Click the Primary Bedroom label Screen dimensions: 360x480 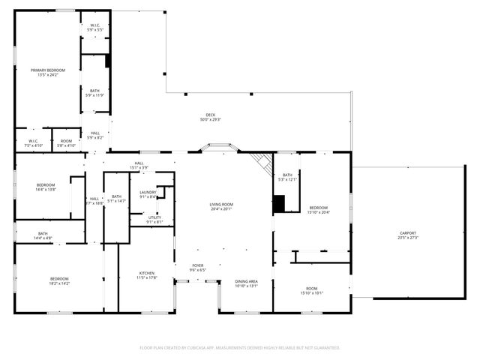coord(44,72)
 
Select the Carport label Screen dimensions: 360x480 coord(407,235)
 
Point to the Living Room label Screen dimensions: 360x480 coord(221,206)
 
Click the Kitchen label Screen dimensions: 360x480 coord(146,274)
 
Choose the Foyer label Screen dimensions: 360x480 coord(198,267)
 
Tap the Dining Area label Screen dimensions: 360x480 coord(247,283)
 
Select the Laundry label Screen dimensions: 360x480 coord(148,194)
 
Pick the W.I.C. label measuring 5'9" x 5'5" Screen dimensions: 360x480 coord(95,28)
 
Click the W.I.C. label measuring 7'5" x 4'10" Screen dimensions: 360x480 coord(34,142)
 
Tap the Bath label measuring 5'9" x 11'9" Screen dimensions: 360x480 coord(95,93)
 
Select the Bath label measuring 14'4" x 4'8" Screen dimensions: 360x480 coord(43,235)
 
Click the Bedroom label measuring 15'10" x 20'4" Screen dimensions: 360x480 coord(318,209)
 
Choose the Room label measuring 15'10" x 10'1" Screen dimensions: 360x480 coord(311,290)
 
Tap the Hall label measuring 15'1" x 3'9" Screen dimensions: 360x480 coord(139,165)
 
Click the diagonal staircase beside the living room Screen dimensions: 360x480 coord(262,163)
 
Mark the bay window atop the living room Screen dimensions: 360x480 coord(218,148)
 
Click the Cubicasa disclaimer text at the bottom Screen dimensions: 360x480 coord(240,347)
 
